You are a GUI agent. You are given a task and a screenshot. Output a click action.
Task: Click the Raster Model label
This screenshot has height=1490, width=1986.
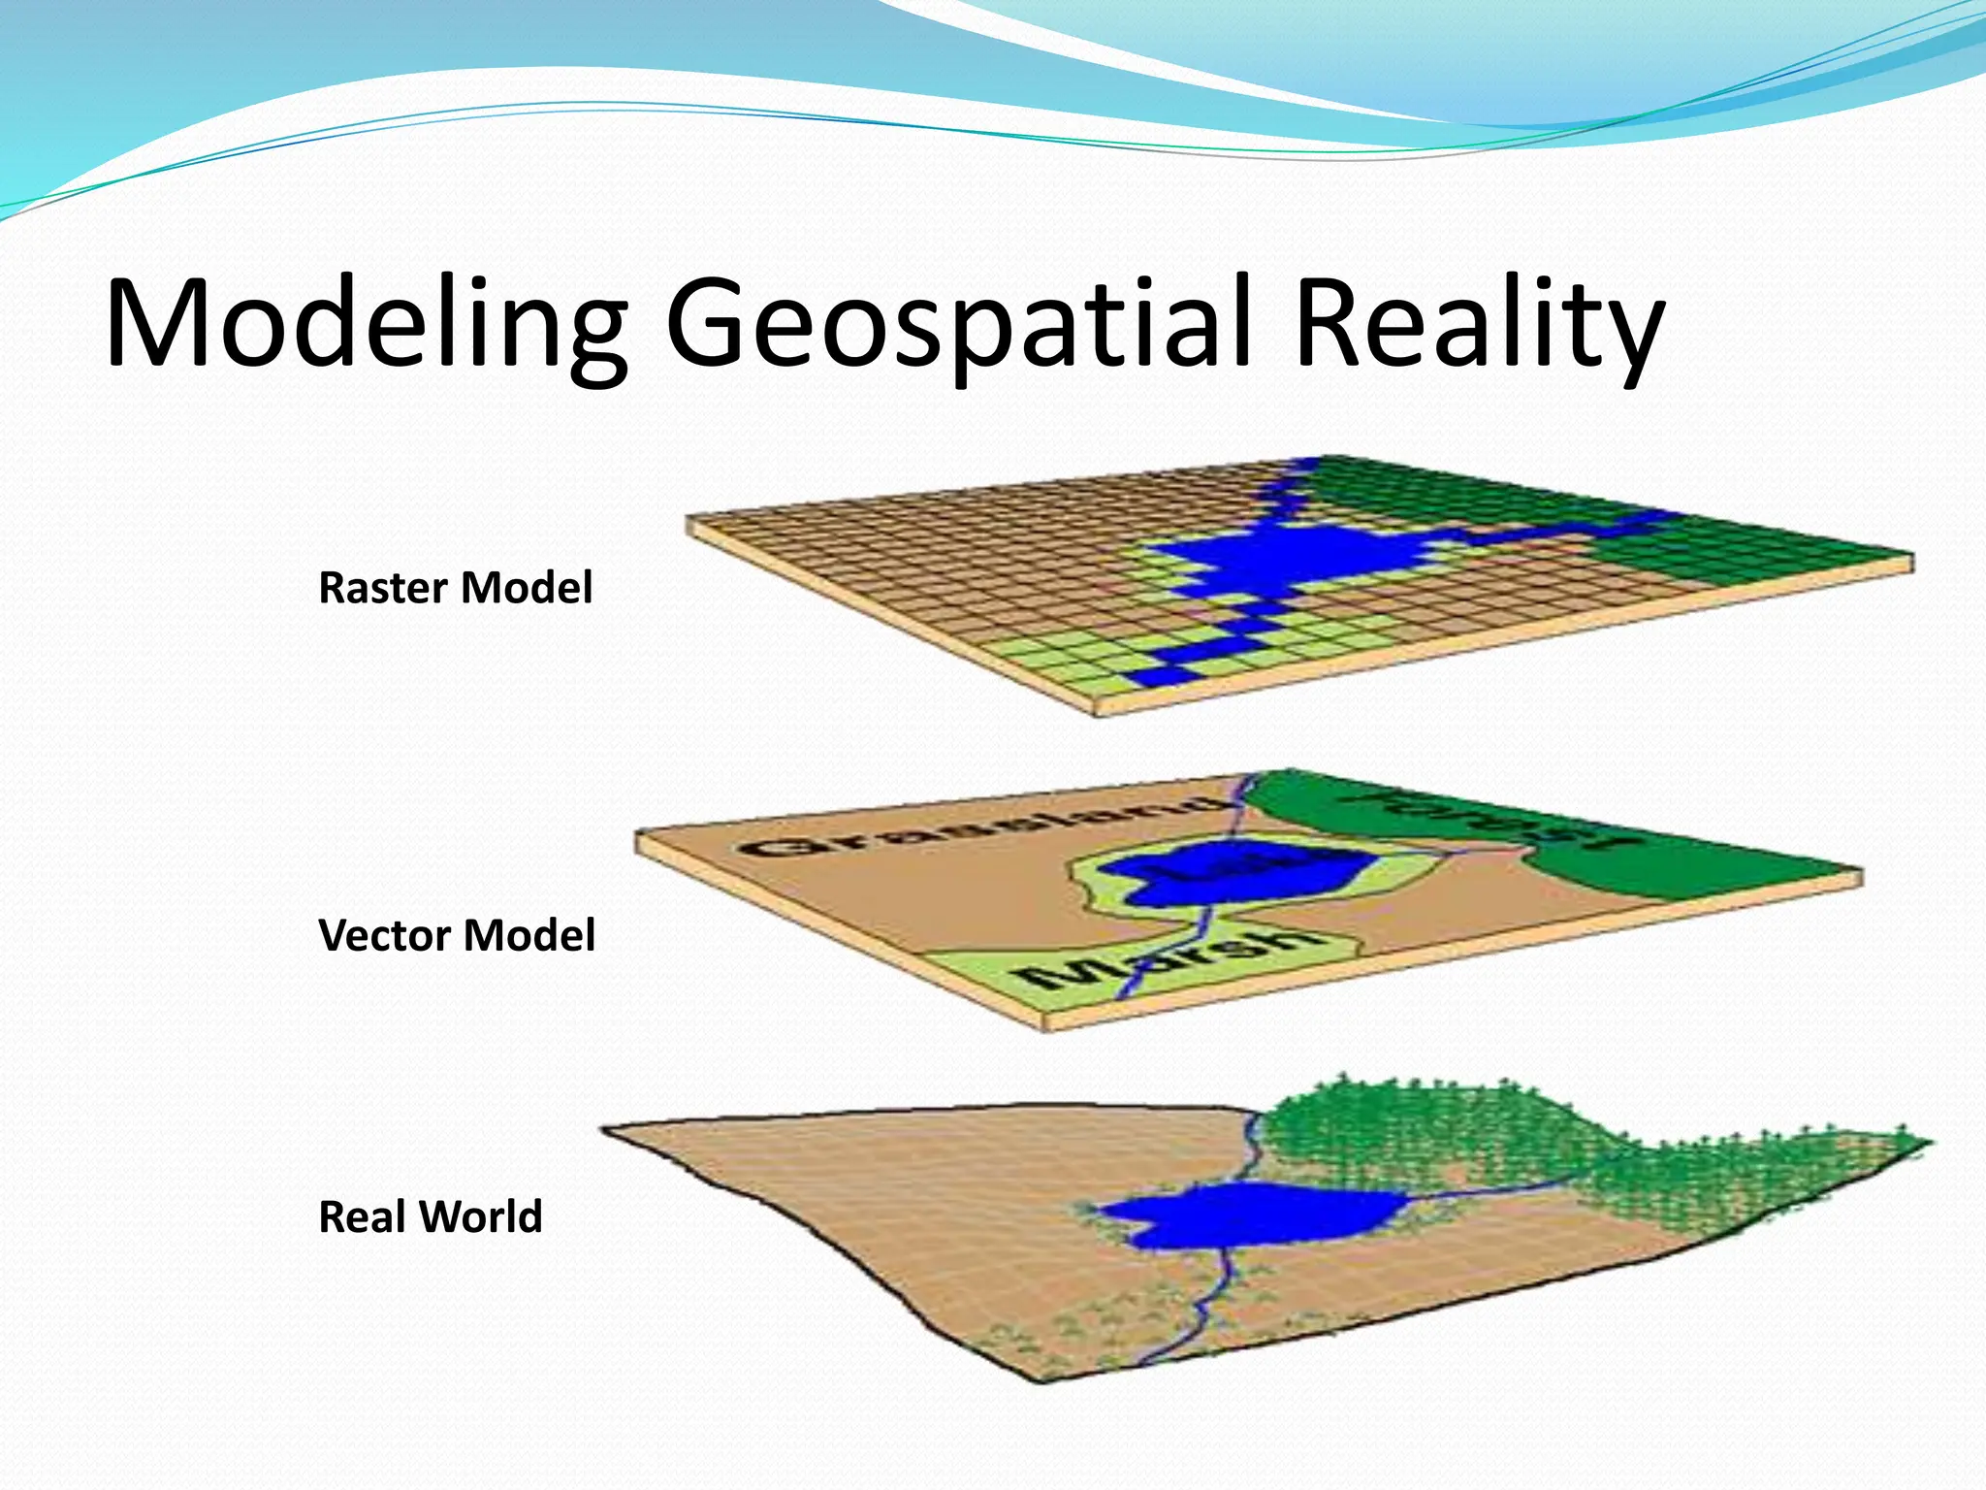pos(455,588)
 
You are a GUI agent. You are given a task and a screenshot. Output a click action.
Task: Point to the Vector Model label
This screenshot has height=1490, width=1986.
pos(456,935)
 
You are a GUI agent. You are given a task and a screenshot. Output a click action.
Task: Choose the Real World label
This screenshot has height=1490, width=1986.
pos(430,1216)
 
